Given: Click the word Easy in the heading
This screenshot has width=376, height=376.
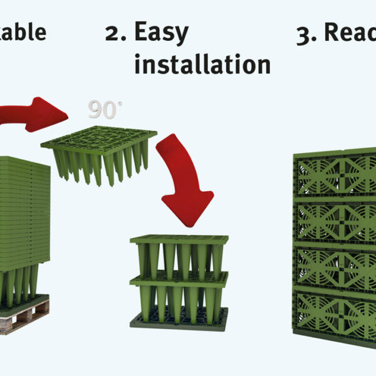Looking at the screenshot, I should [x=161, y=33].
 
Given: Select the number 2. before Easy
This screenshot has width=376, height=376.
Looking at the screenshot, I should [x=118, y=33].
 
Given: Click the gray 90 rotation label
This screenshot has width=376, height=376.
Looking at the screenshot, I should [x=102, y=109].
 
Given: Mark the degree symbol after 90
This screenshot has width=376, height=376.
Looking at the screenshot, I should [x=120, y=103].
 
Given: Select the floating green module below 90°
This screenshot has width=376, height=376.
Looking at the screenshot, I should [x=100, y=154].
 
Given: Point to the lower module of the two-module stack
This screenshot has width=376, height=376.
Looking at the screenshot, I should [x=179, y=295].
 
